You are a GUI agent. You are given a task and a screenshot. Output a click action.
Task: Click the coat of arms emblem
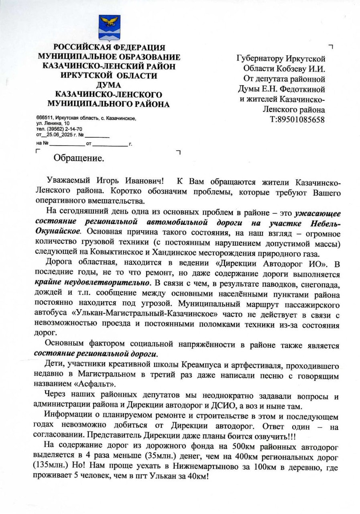click(x=109, y=28)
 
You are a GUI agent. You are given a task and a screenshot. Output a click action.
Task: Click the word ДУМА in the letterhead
click(x=108, y=85)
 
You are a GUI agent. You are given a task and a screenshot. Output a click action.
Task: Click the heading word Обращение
click(x=79, y=158)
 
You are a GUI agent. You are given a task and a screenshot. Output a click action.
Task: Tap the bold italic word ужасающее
click(x=317, y=213)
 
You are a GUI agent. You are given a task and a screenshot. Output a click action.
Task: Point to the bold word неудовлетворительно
click(x=108, y=282)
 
